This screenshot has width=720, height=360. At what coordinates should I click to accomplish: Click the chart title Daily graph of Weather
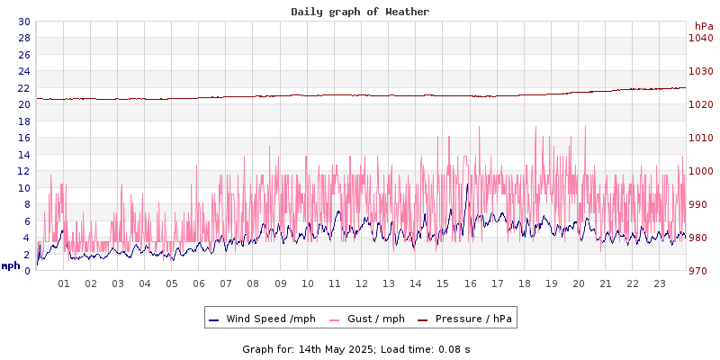pyautogui.click(x=360, y=12)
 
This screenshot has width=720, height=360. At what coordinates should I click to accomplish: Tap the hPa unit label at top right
pyautogui.click(x=703, y=27)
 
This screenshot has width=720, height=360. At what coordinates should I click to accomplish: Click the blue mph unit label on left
pyautogui.click(x=10, y=265)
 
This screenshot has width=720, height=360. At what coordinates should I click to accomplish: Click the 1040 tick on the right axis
pyautogui.click(x=700, y=38)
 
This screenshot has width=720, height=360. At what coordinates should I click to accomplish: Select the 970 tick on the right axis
pyautogui.click(x=700, y=271)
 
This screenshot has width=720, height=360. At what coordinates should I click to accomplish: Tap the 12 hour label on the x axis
pyautogui.click(x=362, y=283)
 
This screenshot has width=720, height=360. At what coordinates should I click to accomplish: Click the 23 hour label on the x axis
pyautogui.click(x=660, y=283)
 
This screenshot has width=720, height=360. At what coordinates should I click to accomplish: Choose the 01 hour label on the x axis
pyautogui.click(x=64, y=283)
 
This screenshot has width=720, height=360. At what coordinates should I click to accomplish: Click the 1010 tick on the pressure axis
pyautogui.click(x=700, y=138)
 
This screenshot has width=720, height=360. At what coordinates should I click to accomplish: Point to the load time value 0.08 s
pyautogui.click(x=454, y=349)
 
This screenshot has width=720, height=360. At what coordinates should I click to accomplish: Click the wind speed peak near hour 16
pyautogui.click(x=468, y=184)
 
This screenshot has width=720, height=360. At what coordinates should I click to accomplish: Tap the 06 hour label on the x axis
pyautogui.click(x=199, y=283)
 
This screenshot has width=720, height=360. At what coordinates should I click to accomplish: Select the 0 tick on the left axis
pyautogui.click(x=27, y=271)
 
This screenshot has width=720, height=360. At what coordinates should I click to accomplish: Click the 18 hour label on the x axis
pyautogui.click(x=524, y=283)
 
